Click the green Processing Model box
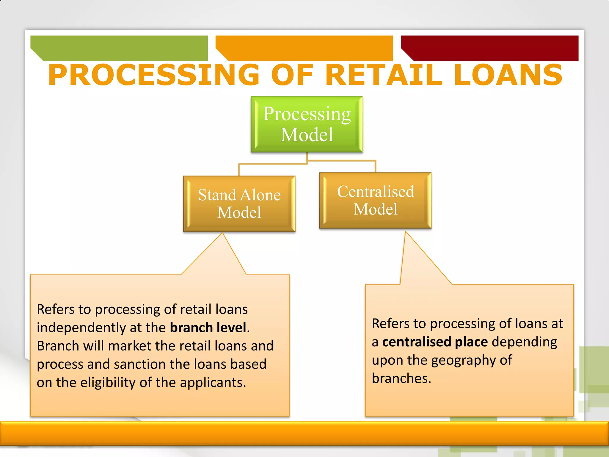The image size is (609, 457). click(x=307, y=124)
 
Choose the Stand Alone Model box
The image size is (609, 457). click(x=239, y=204)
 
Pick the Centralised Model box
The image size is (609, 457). click(x=375, y=200)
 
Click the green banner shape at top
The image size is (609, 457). click(x=119, y=48)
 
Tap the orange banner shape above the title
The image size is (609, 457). click(x=304, y=48)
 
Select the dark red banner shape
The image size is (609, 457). click(x=490, y=48)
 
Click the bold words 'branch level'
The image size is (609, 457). click(x=208, y=328)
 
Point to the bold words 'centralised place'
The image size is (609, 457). click(x=435, y=342)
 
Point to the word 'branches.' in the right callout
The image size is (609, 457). click(x=401, y=378)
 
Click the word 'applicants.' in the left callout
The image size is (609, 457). click(x=213, y=383)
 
